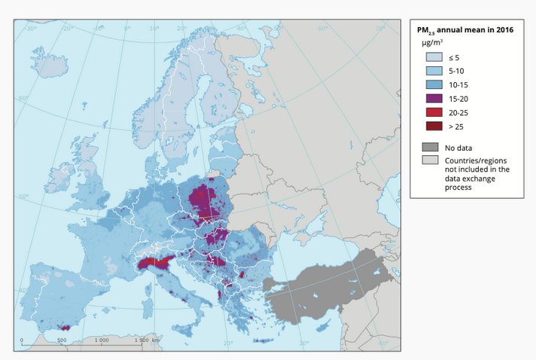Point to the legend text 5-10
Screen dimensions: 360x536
pos(456,70)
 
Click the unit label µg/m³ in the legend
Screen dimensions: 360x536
pos(431,43)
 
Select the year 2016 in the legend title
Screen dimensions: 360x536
pos(504,30)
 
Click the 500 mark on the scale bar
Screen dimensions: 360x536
pos(62,340)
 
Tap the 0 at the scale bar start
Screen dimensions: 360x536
pos(22,340)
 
